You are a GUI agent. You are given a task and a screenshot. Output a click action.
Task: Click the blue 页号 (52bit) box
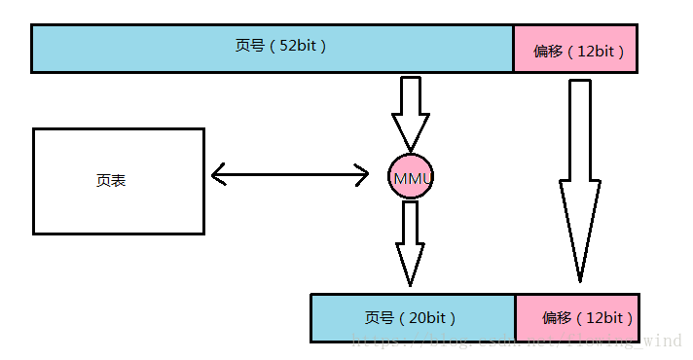tap(272, 49)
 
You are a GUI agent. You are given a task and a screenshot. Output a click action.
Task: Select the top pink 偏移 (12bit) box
tap(575, 49)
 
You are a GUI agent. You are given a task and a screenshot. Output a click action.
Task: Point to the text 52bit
tap(298, 46)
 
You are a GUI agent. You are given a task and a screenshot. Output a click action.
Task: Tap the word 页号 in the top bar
tap(249, 46)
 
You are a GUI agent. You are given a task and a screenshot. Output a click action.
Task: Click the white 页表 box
tap(118, 181)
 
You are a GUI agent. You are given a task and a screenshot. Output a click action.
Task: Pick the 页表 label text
tap(111, 181)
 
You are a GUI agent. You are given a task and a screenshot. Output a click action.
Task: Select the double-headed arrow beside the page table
tap(289, 175)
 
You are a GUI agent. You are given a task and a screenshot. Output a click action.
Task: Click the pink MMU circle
tap(411, 176)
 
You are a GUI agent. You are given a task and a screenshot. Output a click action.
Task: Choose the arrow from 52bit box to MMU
tap(411, 112)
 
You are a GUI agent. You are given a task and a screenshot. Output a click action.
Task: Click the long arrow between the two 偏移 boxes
tap(580, 175)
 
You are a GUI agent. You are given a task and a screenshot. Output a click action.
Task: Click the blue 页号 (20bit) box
tap(412, 318)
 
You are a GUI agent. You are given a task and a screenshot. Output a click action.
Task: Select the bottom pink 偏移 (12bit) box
tap(576, 318)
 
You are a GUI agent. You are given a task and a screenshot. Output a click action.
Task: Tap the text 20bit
tap(428, 318)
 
